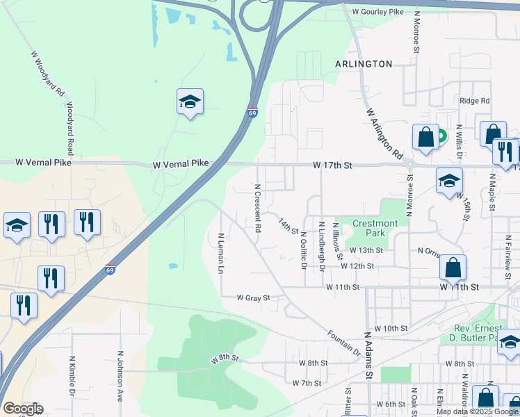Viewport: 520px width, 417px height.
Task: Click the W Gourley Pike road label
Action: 377,12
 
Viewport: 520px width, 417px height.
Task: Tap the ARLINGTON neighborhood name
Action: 364,64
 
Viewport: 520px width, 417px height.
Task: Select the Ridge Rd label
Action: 474,101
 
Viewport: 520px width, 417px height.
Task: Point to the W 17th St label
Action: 333,165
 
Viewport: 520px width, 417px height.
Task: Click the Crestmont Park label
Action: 375,228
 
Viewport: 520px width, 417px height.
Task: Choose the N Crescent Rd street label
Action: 258,208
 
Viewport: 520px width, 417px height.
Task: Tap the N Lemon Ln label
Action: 221,252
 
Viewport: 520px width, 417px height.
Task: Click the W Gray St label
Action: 252,297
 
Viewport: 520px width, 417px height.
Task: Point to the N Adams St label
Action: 369,356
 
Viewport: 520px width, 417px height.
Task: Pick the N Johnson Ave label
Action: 120,376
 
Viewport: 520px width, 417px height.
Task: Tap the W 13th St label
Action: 366,250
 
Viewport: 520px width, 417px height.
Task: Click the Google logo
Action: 22,409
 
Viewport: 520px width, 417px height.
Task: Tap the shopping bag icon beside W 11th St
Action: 453,268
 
